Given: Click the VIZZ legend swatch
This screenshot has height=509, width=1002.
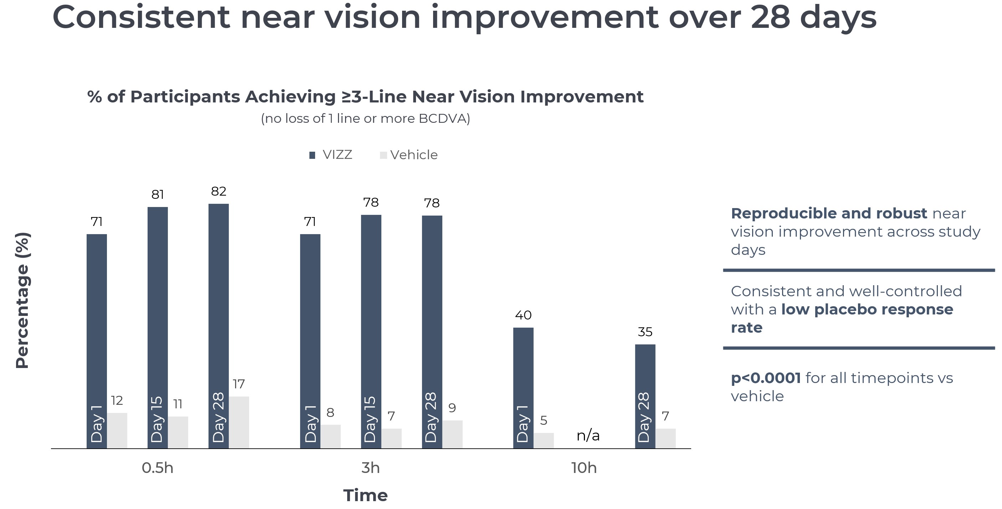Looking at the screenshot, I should click(312, 155).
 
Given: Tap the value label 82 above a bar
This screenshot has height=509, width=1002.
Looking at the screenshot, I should click(219, 191).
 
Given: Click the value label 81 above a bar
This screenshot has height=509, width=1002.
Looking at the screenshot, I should click(158, 194).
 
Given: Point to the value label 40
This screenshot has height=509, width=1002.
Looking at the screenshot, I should click(523, 315).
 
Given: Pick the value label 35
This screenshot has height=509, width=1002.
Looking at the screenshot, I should click(645, 332).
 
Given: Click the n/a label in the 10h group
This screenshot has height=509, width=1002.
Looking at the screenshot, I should click(588, 435).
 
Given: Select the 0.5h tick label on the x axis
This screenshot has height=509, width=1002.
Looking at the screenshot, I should click(158, 468).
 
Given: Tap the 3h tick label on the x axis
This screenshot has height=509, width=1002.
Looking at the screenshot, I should click(370, 468).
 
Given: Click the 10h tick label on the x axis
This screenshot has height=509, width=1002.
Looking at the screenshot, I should click(584, 468).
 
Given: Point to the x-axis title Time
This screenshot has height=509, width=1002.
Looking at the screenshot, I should click(365, 495).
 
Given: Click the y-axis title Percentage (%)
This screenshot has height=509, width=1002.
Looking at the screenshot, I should click(22, 300).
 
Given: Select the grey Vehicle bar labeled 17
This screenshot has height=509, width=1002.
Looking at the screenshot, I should click(239, 422).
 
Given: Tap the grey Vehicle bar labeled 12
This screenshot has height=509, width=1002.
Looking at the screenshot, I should click(117, 430).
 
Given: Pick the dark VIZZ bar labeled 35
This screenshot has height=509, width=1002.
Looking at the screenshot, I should click(645, 374).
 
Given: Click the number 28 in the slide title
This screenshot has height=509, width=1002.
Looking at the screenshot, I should click(770, 17).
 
